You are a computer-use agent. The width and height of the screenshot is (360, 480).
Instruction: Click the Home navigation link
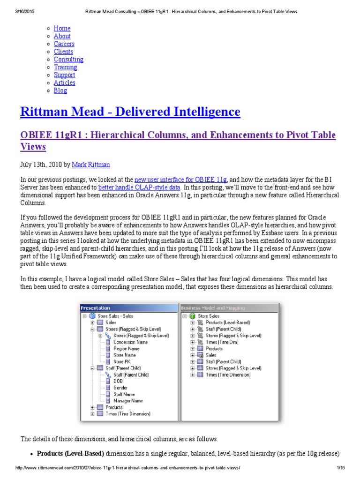tap(62, 28)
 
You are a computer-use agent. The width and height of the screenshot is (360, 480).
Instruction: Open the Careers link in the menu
tap(64, 44)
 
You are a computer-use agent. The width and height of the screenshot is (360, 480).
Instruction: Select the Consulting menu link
tap(68, 60)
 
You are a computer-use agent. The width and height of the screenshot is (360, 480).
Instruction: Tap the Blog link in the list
tap(60, 90)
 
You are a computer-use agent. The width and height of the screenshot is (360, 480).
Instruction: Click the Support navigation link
tap(64, 75)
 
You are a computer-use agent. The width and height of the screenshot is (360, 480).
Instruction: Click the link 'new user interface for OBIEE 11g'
tap(180, 179)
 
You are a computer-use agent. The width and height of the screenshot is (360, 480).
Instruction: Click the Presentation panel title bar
tap(129, 308)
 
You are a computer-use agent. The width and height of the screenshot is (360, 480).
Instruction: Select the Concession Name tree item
tap(130, 342)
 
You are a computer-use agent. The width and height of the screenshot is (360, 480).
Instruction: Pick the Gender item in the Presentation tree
tap(120, 388)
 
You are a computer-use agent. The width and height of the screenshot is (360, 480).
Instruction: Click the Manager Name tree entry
tap(128, 401)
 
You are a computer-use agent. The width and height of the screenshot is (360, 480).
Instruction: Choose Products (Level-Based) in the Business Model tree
tap(228, 322)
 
